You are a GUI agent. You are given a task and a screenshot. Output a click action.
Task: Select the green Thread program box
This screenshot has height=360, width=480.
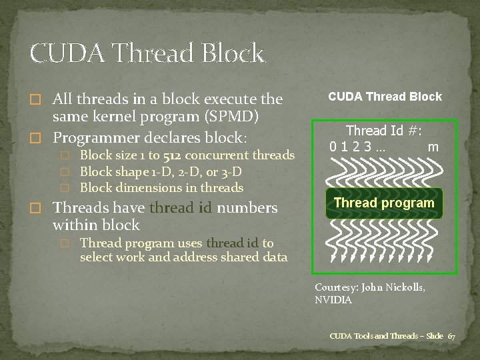384,203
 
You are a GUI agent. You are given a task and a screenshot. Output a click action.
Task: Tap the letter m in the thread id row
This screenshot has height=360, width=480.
433,147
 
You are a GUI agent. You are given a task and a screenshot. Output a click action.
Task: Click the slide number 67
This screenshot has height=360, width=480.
451,335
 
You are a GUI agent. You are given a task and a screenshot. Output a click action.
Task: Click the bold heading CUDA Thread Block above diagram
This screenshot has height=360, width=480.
385,97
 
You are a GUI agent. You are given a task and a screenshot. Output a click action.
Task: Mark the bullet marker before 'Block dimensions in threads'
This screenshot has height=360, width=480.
65,189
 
